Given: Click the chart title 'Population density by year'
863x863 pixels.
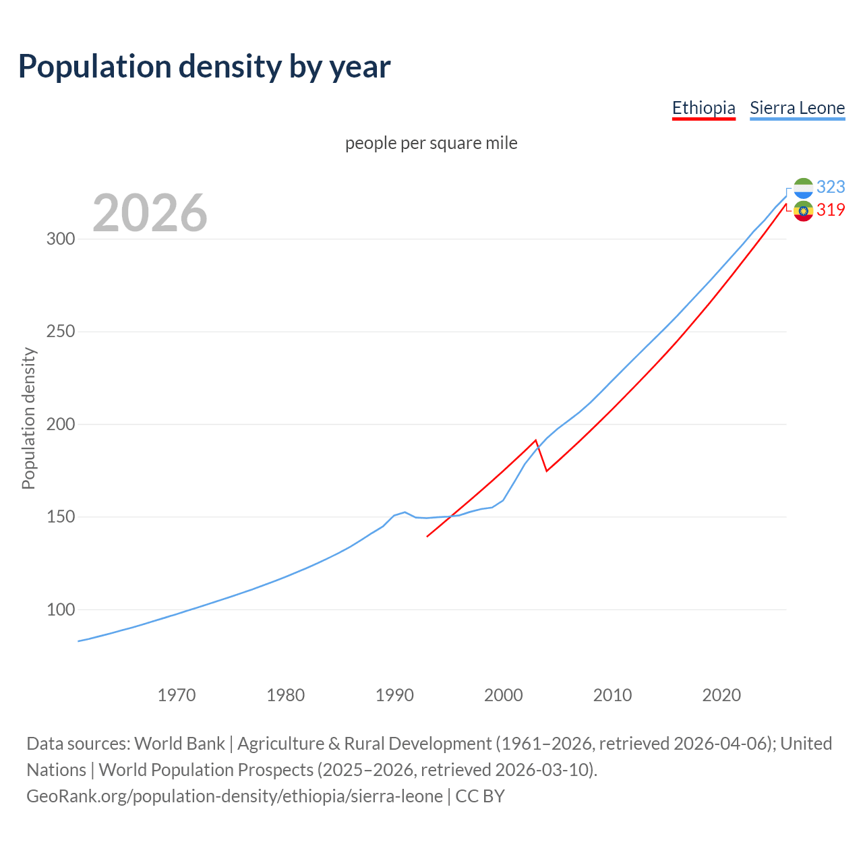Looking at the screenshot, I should click(x=204, y=66).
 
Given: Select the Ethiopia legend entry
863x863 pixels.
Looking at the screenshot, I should click(x=703, y=108).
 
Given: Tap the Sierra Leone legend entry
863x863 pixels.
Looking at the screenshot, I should click(x=797, y=108).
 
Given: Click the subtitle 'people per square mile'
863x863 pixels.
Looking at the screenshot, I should click(x=431, y=143).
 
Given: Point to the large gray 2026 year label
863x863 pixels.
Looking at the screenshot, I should click(x=150, y=213).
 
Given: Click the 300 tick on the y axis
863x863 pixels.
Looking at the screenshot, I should click(x=60, y=239).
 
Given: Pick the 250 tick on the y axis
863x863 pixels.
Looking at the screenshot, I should click(x=60, y=332).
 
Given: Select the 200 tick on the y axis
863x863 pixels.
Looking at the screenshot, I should click(x=60, y=425).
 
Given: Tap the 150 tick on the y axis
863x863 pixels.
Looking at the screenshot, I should click(x=60, y=517).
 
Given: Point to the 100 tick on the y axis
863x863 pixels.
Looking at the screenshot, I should click(x=60, y=610).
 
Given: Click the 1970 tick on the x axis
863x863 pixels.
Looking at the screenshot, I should click(x=177, y=695).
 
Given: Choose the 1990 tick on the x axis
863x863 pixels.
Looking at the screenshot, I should click(x=394, y=695).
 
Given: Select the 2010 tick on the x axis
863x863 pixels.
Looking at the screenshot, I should click(x=612, y=695).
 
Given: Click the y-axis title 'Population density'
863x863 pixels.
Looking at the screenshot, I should click(x=28, y=418).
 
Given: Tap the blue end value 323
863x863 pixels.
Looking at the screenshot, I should click(x=831, y=187).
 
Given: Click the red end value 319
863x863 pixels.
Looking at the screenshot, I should click(x=831, y=210).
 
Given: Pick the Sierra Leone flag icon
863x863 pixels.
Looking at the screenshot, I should click(x=803, y=188).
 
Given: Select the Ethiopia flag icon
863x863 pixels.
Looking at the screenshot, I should click(x=803, y=211).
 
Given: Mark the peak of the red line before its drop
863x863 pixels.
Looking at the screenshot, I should click(x=536, y=440).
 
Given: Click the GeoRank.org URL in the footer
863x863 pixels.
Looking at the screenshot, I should click(x=235, y=796).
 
